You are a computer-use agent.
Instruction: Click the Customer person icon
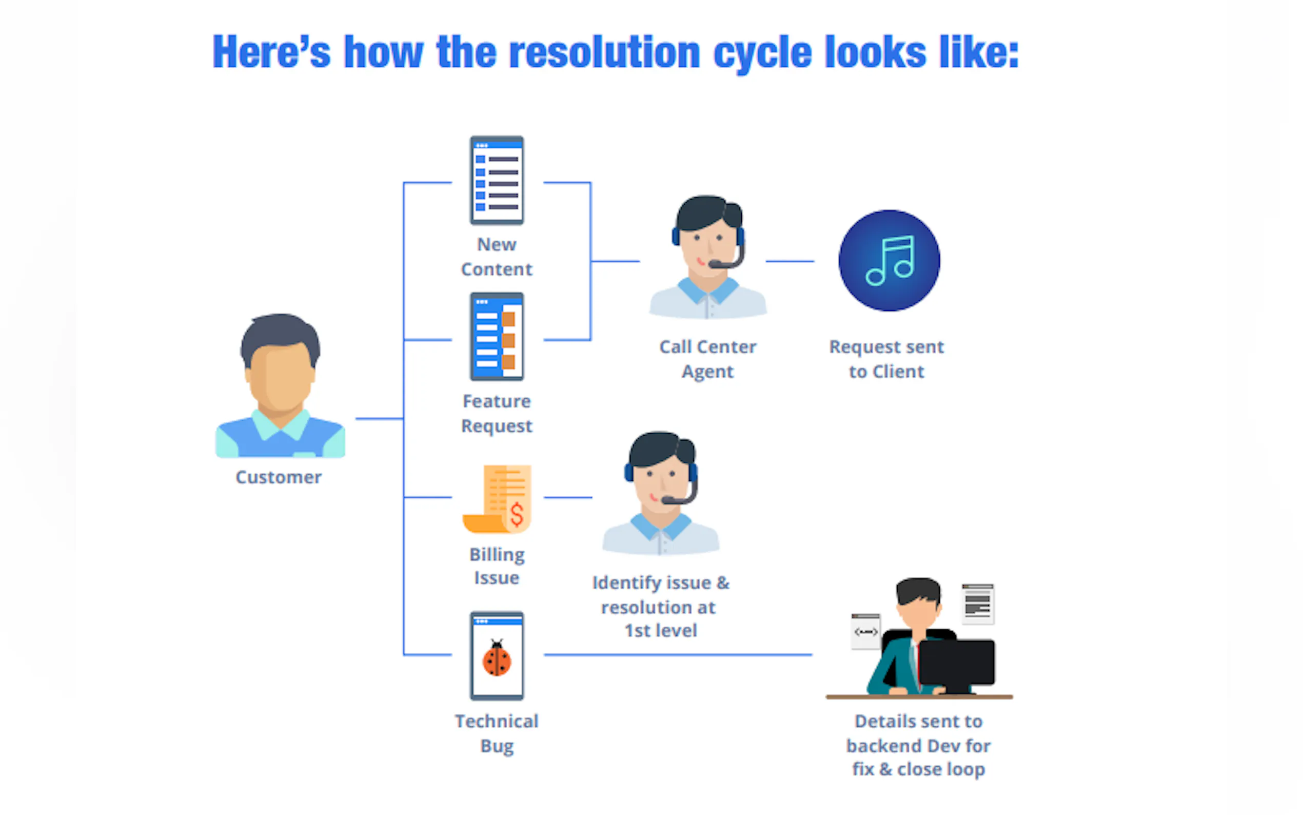click(280, 385)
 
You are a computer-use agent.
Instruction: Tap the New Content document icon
click(497, 181)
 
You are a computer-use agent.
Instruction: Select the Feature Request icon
click(497, 337)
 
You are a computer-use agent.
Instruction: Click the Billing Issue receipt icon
click(498, 498)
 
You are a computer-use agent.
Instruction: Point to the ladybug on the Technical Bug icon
click(497, 658)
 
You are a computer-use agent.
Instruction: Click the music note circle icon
click(889, 261)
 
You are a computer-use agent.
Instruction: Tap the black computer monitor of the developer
click(956, 663)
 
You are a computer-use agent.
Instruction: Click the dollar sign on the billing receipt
click(517, 515)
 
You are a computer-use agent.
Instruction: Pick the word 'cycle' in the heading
click(762, 52)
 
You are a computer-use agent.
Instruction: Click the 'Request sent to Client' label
click(886, 359)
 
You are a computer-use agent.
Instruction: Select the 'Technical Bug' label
click(497, 733)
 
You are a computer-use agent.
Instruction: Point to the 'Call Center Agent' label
click(708, 359)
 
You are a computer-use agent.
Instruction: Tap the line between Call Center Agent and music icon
click(789, 261)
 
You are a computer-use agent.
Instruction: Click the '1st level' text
click(660, 631)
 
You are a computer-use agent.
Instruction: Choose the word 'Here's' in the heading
click(271, 52)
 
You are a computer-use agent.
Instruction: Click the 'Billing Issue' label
click(497, 566)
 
